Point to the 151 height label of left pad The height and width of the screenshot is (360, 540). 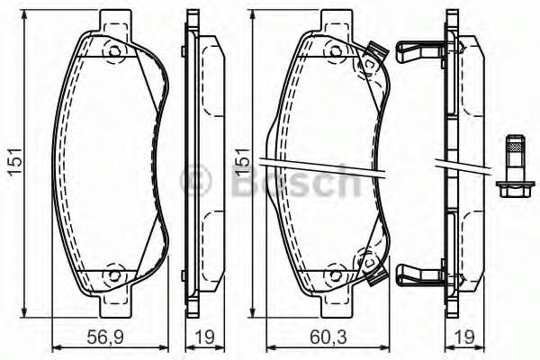pyautogui.click(x=15, y=162)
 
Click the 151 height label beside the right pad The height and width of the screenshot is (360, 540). pyautogui.click(x=240, y=162)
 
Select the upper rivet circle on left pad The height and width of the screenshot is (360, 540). pyautogui.click(x=113, y=52)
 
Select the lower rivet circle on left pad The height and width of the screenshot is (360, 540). pyautogui.click(x=113, y=273)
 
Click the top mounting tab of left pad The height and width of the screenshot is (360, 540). pyautogui.click(x=113, y=19)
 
